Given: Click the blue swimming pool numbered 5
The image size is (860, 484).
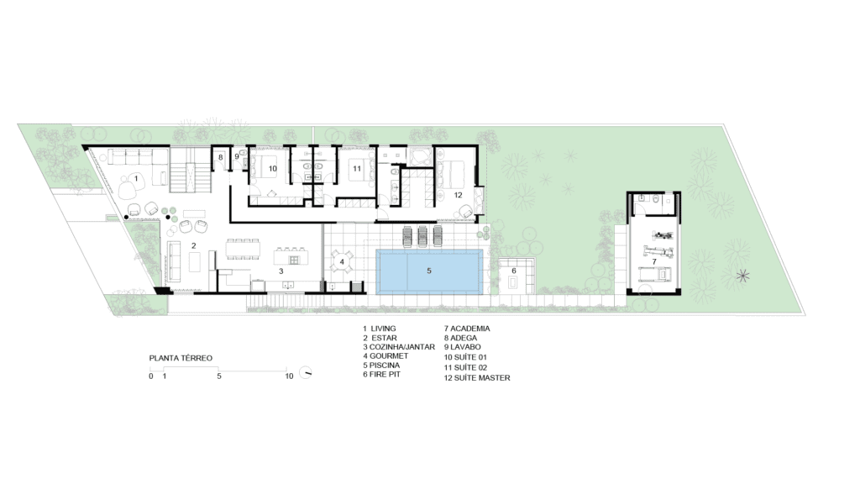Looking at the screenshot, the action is coord(429,271).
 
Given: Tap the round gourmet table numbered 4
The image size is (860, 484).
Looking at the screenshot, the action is coord(343,261).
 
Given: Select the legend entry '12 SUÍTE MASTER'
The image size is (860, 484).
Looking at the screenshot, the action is coord(477,377).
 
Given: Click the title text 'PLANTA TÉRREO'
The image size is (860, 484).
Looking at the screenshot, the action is coord(181,358).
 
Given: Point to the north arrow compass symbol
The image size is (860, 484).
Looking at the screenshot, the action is coord(306,372).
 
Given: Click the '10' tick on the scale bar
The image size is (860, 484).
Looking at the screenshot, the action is coord(289,376).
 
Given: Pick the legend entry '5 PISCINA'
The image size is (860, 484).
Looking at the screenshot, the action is coord(381,365).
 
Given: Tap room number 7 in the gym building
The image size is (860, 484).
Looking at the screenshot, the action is coord(654,262).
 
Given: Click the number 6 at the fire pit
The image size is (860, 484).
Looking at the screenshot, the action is coord(514,271).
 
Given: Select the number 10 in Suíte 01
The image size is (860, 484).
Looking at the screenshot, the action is coord(273,168).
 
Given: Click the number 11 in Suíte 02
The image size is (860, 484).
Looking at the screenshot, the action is coord(357,168).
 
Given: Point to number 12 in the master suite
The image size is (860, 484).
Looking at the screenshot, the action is coord(458,195).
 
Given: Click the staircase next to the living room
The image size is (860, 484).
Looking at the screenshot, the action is coord(191,170).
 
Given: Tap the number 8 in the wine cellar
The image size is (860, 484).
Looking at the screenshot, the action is coord(221,157).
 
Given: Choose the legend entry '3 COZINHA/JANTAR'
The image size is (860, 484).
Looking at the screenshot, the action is coord(399,347).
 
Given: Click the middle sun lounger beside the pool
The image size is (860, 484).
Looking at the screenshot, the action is coord(422,236).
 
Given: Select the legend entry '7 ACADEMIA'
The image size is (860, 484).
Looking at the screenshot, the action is coord(467,329).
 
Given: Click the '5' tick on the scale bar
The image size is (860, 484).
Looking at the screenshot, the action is coord(219,376).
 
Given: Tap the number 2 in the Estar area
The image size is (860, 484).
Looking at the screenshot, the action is coord(194,246).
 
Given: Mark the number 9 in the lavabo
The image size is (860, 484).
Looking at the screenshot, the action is coord(237,156).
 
